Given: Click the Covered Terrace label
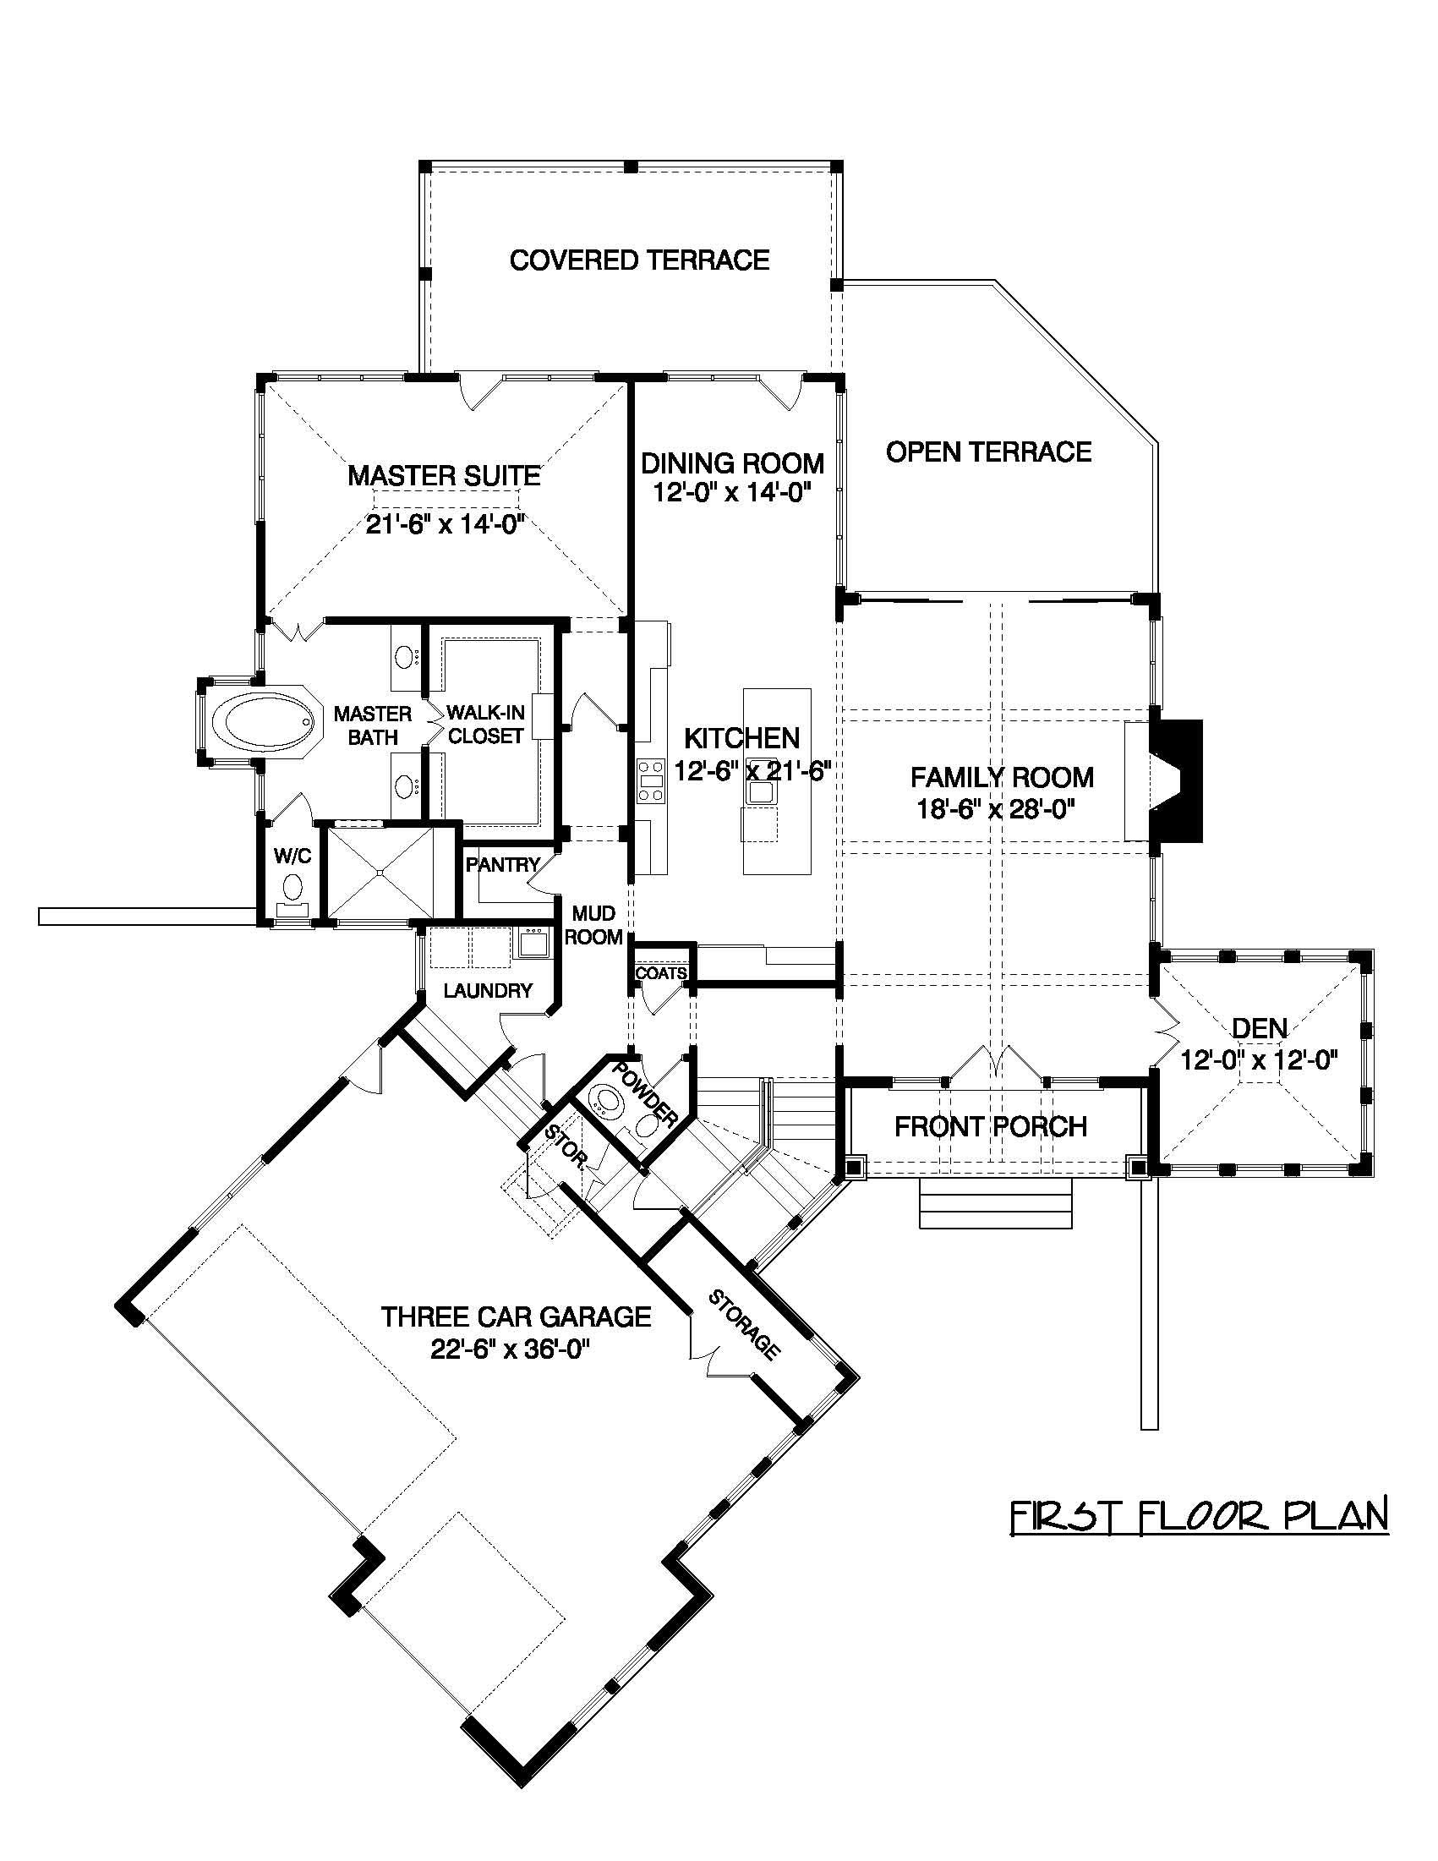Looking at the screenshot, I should [639, 260].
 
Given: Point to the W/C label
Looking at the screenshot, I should [293, 856].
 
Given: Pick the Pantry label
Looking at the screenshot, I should [503, 865].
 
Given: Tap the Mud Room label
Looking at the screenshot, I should [593, 925].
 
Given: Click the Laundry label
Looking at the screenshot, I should [487, 990].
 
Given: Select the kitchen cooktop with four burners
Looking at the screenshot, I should [652, 780].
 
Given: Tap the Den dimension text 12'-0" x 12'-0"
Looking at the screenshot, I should [1259, 1060].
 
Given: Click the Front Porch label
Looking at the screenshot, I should [991, 1126].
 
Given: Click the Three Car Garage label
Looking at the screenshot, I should [516, 1316].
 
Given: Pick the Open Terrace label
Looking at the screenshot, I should [988, 452].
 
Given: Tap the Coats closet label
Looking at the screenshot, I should [661, 973].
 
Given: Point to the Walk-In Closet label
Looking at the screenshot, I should [484, 725].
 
